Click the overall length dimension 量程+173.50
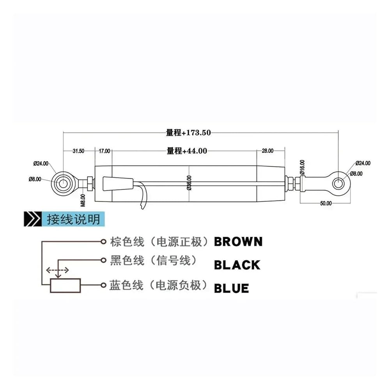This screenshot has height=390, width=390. [188, 133]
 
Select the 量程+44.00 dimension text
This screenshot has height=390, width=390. [187, 151]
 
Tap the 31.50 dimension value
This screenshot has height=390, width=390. [78, 151]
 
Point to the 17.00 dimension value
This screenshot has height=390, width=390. [105, 151]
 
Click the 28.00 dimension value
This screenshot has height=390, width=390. [268, 151]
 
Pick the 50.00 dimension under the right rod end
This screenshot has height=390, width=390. [326, 203]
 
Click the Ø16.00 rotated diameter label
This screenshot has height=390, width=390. [302, 167]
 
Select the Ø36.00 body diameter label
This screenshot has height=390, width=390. [189, 183]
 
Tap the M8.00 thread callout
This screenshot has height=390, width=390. [83, 200]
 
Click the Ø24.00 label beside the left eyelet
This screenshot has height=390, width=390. [41, 163]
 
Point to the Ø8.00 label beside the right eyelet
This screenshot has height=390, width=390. [356, 174]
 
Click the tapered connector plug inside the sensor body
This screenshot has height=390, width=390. [118, 184]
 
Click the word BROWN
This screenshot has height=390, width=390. [238, 242]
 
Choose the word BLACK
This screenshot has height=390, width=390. [237, 265]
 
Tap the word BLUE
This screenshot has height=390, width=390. [231, 289]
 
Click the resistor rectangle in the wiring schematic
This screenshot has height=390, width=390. [66, 285]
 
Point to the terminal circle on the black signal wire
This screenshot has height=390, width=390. [103, 260]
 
